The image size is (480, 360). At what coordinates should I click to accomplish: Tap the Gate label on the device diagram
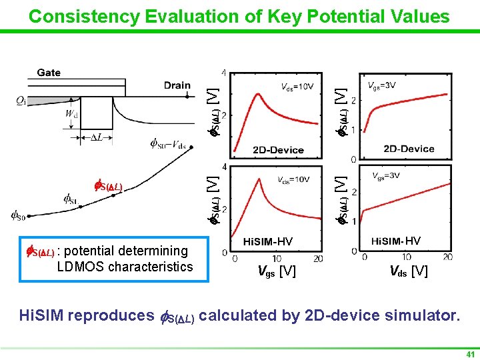coord(49,73)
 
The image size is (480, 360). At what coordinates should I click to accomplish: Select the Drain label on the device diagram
coord(177,85)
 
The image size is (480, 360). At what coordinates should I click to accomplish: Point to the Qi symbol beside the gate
coord(21,101)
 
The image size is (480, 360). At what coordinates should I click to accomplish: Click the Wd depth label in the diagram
coord(71,114)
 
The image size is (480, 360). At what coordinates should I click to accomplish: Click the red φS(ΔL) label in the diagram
coord(107,185)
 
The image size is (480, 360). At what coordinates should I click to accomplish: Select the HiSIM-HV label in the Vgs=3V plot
coord(396,241)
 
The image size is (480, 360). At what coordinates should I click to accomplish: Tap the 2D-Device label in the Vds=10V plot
coord(278,149)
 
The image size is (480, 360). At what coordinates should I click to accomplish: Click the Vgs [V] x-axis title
coord(277,271)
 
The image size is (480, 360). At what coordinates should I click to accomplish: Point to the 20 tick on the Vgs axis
coord(318,258)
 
